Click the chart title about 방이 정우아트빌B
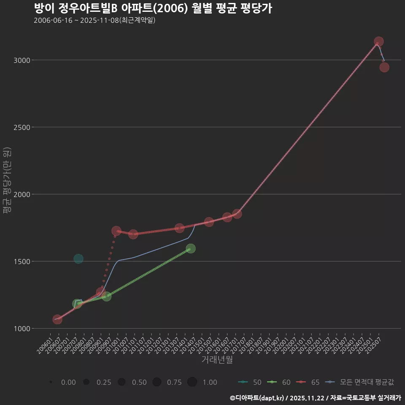tap(153, 8)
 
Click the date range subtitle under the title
tap(94, 20)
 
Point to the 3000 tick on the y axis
tap(22, 60)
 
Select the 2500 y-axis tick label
tap(22, 127)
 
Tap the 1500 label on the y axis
tap(22, 262)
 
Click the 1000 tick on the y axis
tap(22, 329)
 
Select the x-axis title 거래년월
tap(217, 359)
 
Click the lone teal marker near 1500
tap(78, 259)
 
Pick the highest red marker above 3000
tap(378, 41)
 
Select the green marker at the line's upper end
tap(191, 248)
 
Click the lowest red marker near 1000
tap(57, 319)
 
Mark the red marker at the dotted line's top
tap(116, 231)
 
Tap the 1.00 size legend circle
tap(192, 382)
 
